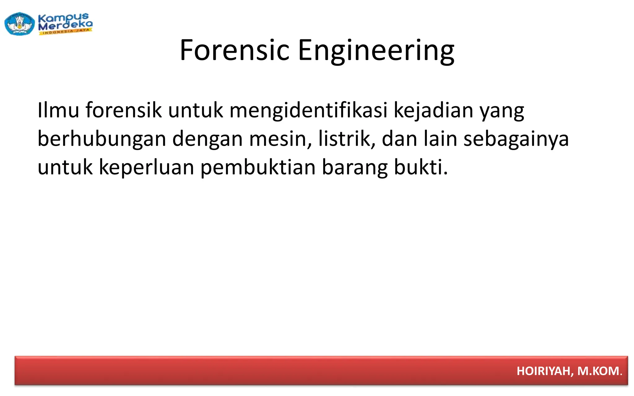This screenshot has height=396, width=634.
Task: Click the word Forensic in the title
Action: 234,50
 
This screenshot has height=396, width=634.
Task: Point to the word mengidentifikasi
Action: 308,111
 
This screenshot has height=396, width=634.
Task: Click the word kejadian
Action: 433,110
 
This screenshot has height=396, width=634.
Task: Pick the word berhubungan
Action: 102,139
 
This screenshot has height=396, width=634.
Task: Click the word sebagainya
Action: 516,139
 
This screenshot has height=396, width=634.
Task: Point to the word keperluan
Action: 146,167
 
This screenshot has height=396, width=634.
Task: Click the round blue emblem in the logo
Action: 20,24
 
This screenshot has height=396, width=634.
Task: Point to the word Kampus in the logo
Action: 63,18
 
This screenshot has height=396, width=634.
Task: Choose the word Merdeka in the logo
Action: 65,25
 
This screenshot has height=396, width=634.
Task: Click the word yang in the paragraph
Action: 502,111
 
